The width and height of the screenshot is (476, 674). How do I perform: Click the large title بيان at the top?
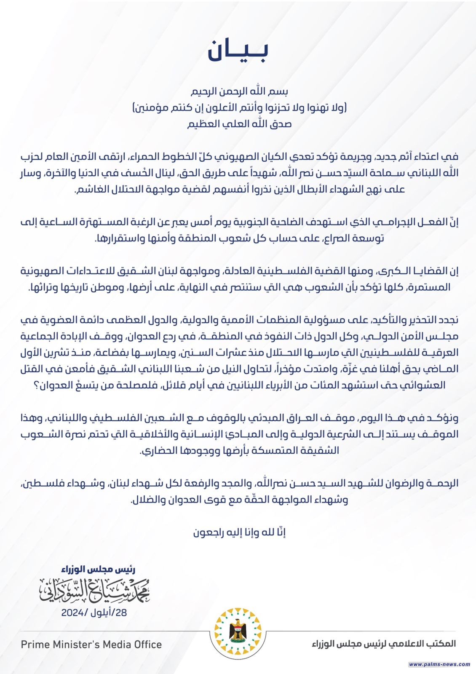tap(238, 51)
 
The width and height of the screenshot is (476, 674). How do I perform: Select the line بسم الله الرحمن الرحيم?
tap(238, 91)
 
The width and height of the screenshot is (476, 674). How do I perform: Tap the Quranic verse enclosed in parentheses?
tap(238, 108)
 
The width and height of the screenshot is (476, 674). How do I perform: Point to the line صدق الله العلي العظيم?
tap(238, 124)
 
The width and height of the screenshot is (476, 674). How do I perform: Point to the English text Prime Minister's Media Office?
tap(91, 644)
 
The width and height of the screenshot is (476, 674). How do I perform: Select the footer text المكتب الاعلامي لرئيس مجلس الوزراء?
tap(384, 644)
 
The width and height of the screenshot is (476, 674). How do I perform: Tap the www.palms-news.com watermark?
tap(439, 664)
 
